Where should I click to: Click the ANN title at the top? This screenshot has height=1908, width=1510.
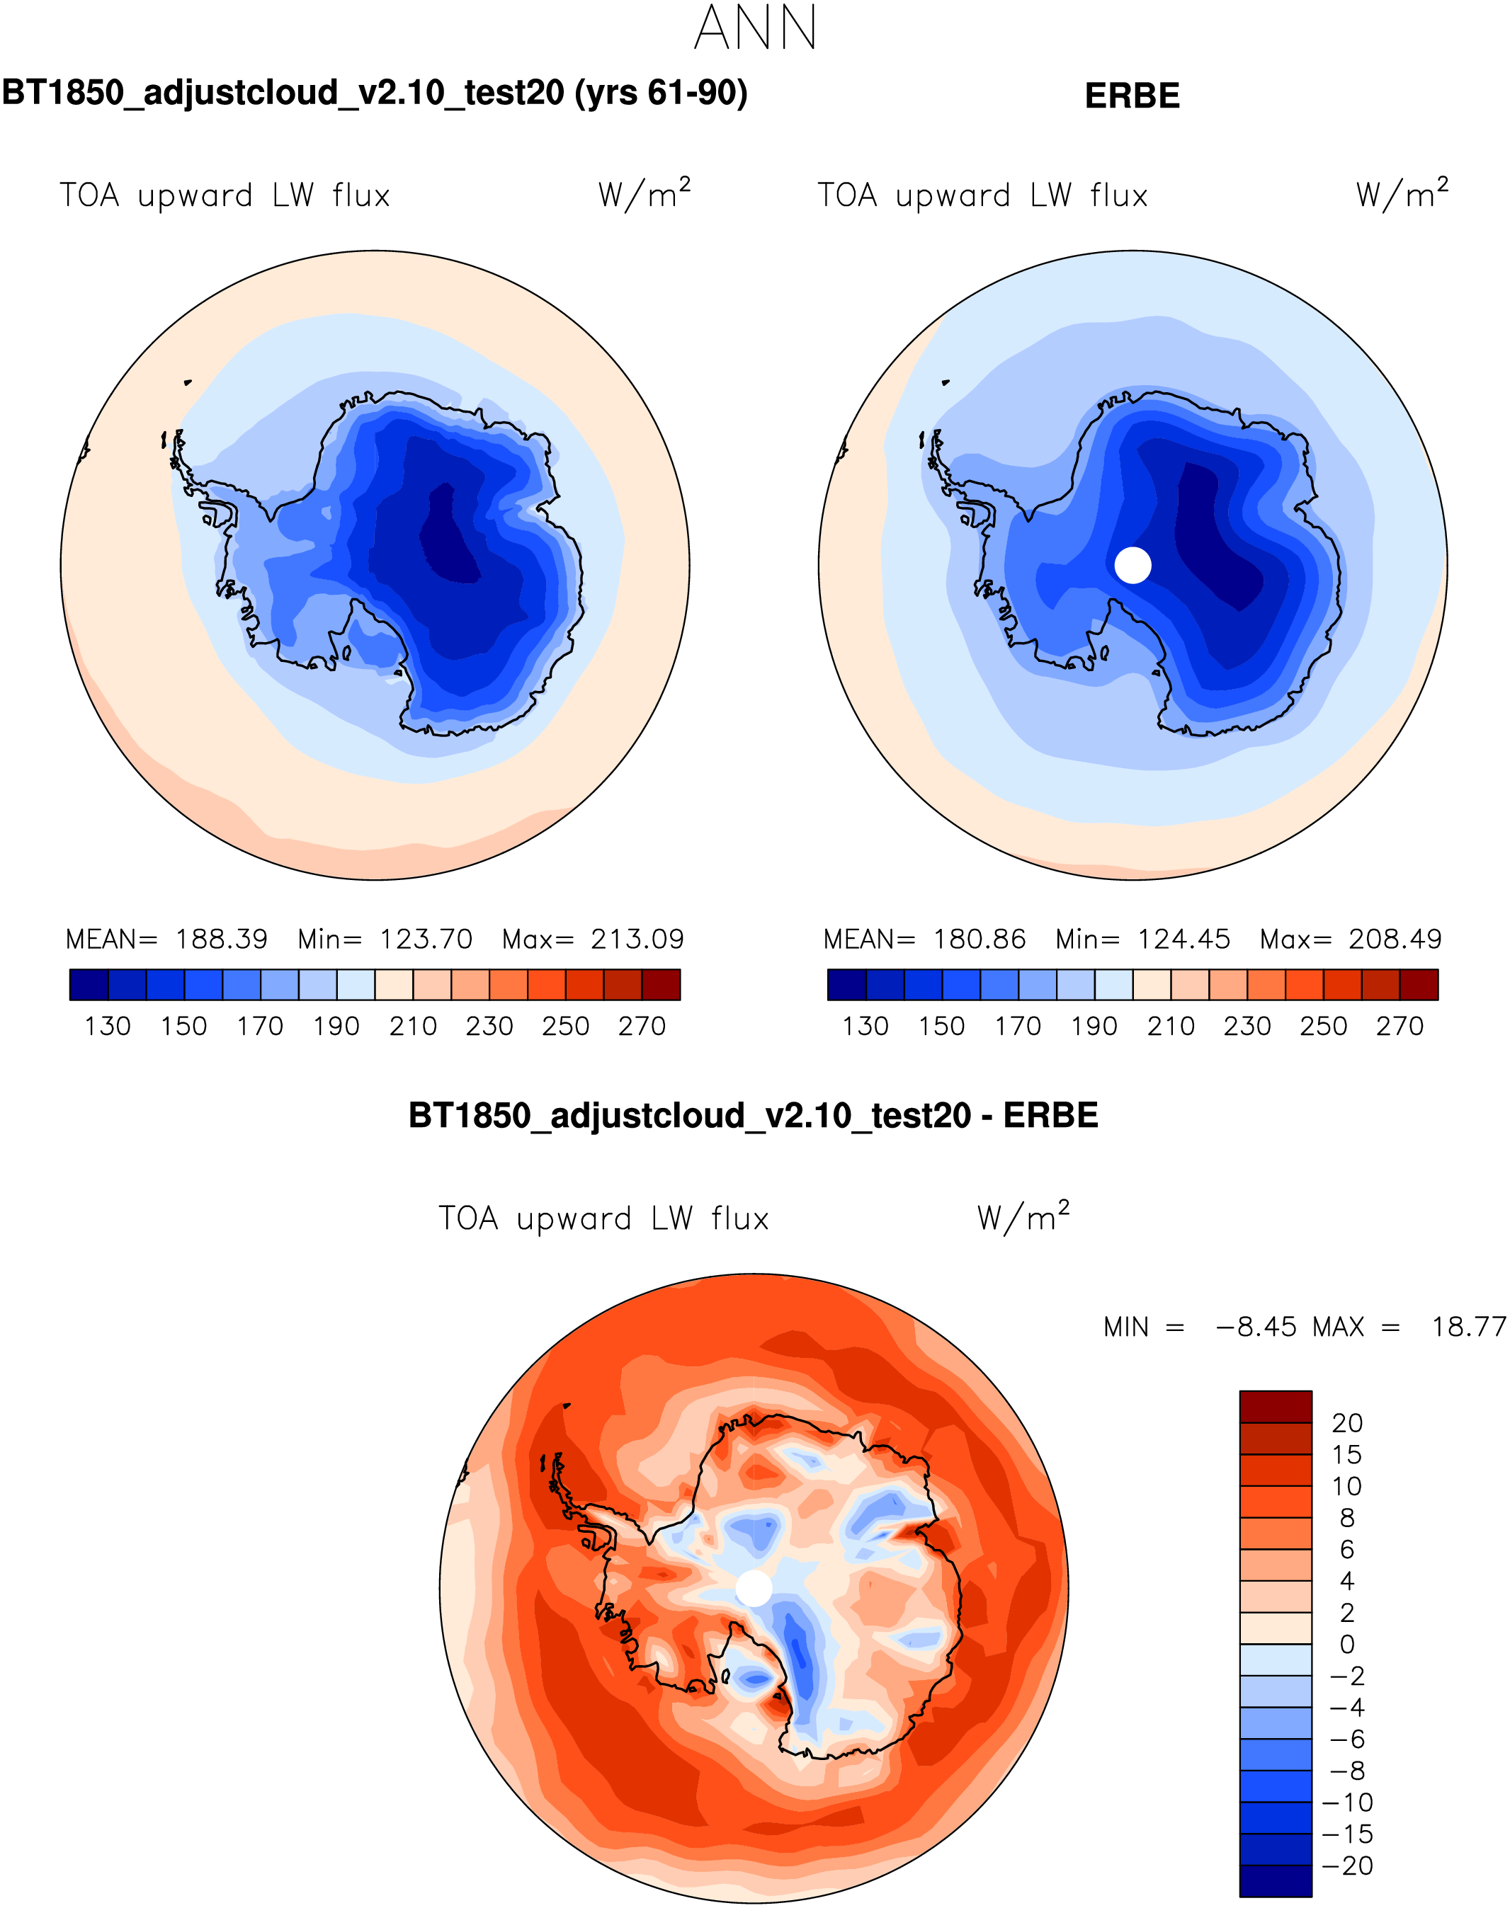755,28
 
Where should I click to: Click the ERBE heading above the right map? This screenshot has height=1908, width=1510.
1132,96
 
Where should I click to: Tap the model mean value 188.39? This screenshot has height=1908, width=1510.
221,939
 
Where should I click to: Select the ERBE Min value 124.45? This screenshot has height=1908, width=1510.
1183,939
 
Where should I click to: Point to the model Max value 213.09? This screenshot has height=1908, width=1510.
637,939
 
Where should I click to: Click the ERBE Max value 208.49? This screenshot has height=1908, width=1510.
1395,939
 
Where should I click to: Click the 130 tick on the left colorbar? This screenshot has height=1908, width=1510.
108,1026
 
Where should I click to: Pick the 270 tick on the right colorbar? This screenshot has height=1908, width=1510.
1400,1026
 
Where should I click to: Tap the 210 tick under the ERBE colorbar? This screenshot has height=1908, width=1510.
1171,1026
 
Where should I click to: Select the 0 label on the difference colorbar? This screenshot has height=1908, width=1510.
1346,1645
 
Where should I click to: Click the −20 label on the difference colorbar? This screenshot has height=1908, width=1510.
1347,1866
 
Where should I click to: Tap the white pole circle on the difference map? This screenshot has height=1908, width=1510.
754,1588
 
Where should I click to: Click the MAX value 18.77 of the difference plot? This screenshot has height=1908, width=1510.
1468,1327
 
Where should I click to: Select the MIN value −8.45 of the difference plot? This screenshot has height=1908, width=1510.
1256,1327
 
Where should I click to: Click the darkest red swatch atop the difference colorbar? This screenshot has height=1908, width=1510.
1275,1407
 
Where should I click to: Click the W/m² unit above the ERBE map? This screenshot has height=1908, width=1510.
1402,193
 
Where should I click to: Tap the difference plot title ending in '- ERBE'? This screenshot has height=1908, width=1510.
754,1115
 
